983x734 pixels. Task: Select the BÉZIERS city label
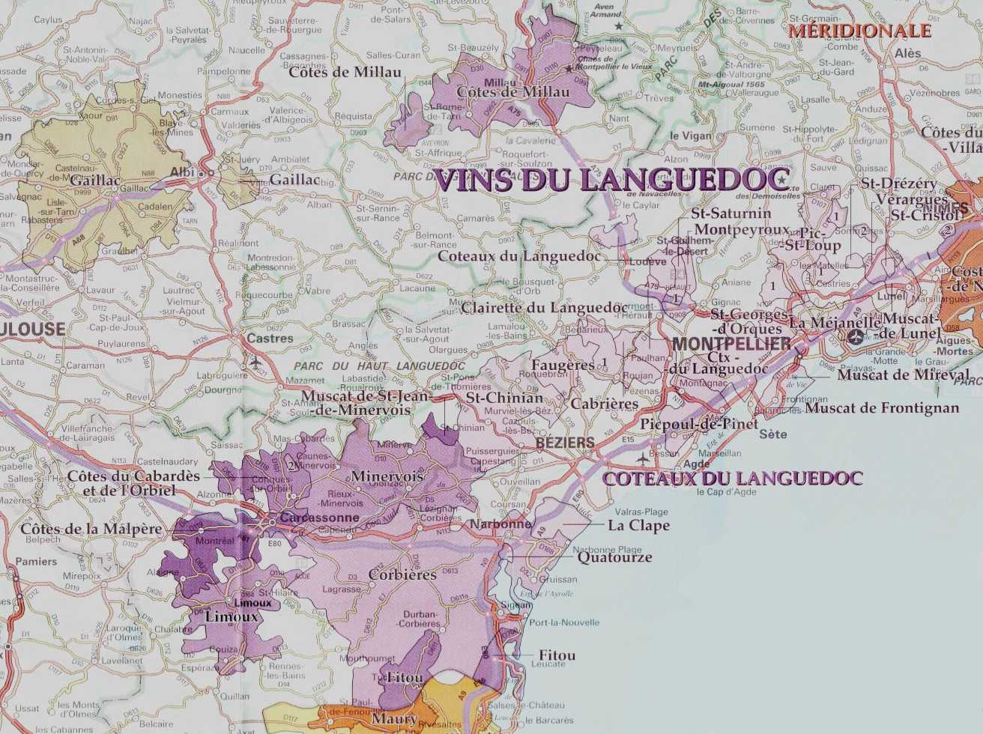(565, 443)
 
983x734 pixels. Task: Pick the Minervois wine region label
(387, 476)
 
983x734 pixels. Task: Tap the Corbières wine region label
(402, 575)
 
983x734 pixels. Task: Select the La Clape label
(638, 525)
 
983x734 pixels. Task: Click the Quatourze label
(614, 557)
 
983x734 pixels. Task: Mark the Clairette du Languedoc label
(545, 307)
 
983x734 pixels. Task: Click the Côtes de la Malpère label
(91, 529)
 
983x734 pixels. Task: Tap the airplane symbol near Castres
(257, 362)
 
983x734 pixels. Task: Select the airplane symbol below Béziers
(642, 457)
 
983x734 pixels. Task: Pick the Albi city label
(182, 172)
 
